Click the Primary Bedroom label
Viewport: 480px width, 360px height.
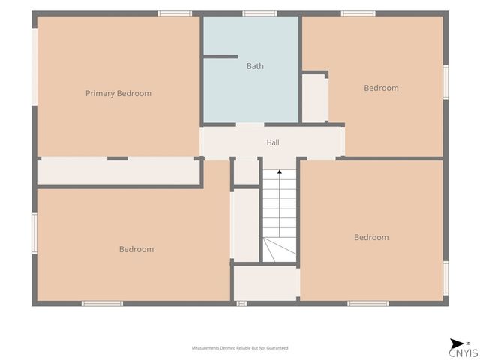pos(118,93)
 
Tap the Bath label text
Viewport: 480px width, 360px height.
pos(255,66)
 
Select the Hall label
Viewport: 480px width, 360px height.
pos(273,142)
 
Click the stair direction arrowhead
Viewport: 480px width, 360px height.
pos(280,172)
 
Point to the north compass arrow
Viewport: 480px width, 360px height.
pos(457,343)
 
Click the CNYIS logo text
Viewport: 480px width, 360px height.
pos(463,352)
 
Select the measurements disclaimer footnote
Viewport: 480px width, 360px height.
pos(240,348)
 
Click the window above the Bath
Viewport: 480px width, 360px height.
pos(260,13)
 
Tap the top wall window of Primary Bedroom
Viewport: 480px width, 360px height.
pos(175,13)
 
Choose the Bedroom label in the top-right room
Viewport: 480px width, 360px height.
pos(381,88)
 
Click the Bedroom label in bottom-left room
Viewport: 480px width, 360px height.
pos(136,249)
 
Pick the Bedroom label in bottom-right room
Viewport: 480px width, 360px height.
pos(371,237)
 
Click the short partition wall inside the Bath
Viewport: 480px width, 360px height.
pos(220,57)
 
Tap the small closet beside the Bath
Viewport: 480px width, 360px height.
pos(313,98)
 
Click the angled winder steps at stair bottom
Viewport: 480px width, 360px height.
pos(280,250)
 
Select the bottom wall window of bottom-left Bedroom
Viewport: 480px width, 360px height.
pos(102,303)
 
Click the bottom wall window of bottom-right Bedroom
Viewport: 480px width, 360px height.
pos(368,303)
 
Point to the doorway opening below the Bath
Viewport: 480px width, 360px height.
pos(250,125)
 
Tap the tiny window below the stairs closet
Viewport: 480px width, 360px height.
pos(241,303)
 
